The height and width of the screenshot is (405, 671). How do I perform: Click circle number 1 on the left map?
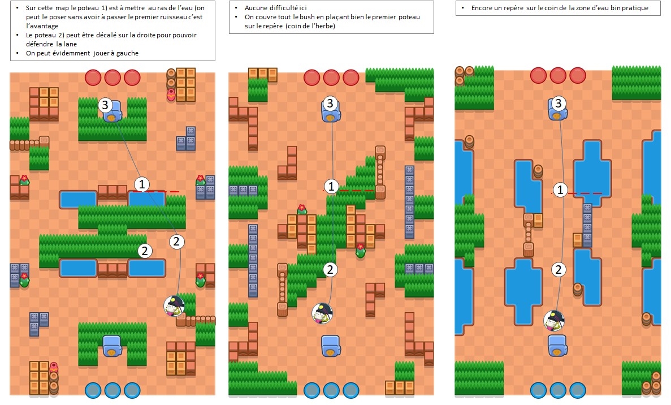click(142, 184)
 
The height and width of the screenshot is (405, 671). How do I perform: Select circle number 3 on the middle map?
click(330, 103)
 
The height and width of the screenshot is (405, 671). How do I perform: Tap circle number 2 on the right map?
click(558, 269)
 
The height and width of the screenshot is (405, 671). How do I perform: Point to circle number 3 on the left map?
click(105, 105)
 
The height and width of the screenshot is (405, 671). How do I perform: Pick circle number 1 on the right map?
click(560, 189)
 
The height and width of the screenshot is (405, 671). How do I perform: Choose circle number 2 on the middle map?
click(330, 269)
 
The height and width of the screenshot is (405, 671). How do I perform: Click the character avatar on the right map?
click(554, 321)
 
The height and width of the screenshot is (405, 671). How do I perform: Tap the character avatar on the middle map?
click(322, 313)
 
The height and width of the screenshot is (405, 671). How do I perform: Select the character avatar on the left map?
click(174, 305)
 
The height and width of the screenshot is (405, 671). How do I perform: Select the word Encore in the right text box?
click(482, 8)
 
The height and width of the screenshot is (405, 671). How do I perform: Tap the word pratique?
click(635, 8)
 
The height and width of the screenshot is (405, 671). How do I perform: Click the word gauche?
click(127, 54)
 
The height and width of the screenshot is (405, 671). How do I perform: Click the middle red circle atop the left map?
click(112, 78)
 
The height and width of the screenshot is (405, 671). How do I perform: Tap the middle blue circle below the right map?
click(558, 390)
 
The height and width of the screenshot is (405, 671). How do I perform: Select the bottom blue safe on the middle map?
click(331, 346)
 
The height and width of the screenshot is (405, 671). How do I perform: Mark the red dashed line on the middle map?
click(349, 191)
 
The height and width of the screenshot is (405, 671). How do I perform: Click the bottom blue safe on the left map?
click(112, 346)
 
